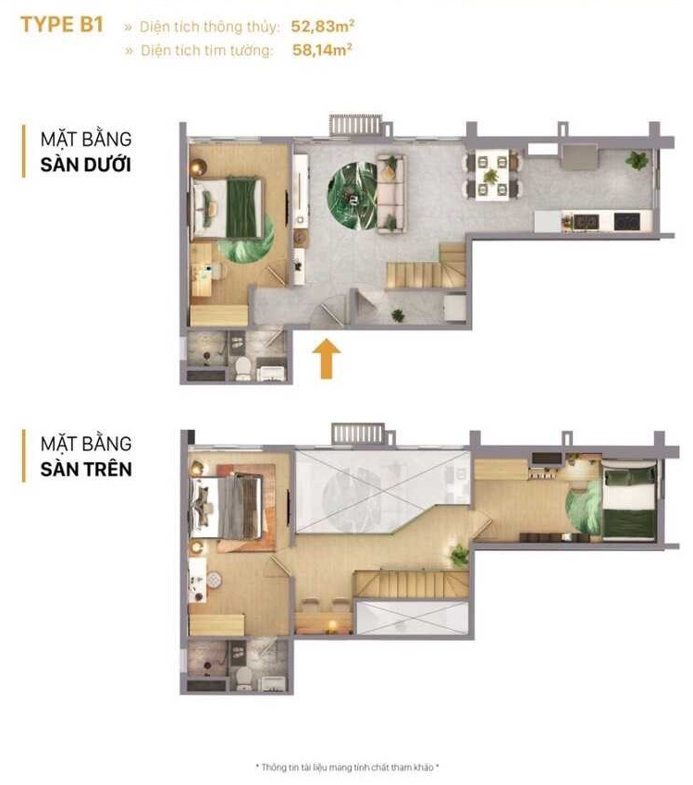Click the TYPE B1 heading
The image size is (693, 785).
[62, 25]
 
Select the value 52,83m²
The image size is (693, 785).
[323, 26]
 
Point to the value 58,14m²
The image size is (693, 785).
[322, 50]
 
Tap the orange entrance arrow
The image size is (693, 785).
[327, 359]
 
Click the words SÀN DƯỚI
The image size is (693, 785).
[86, 165]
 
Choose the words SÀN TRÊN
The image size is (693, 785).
[86, 469]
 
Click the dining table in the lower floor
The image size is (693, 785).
[491, 176]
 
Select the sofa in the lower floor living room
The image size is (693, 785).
[390, 192]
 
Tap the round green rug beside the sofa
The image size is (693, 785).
[352, 195]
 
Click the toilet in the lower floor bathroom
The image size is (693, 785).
[243, 369]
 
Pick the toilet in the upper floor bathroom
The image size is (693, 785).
[244, 679]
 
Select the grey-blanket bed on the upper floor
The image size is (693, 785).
[227, 508]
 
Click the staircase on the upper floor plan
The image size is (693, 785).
[412, 583]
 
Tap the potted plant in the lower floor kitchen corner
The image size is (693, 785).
[637, 160]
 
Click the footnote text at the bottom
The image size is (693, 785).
[347, 767]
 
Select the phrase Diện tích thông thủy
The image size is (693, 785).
[209, 27]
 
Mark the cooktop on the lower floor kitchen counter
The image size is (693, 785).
[626, 220]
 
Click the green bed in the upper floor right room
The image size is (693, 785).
[629, 500]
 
